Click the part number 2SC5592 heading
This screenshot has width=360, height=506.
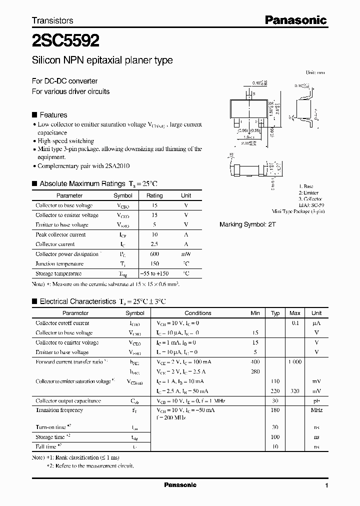coord(65,39)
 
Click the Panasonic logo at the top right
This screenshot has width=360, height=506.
coord(295,20)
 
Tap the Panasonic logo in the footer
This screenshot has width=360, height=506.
coord(180,485)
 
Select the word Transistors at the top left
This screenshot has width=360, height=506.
coord(52,20)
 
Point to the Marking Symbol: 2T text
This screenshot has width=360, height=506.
coord(247,224)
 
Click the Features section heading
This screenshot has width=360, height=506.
coord(53,114)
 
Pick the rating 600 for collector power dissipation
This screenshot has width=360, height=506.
coord(154,254)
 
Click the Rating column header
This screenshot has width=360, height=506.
coord(154,195)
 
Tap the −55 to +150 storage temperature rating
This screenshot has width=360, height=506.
coord(154,273)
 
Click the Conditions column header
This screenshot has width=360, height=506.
coord(198,313)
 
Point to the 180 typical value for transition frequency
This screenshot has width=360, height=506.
coord(275,410)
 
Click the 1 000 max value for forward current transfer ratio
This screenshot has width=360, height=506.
coord(295,361)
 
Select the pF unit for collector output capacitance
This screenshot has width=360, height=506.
coord(316,401)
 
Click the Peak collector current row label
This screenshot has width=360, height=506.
coord(61,234)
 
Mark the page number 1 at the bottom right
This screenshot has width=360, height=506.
coord(326,485)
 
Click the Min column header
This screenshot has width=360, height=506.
coord(255,313)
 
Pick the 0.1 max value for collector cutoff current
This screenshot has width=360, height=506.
coord(295,323)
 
